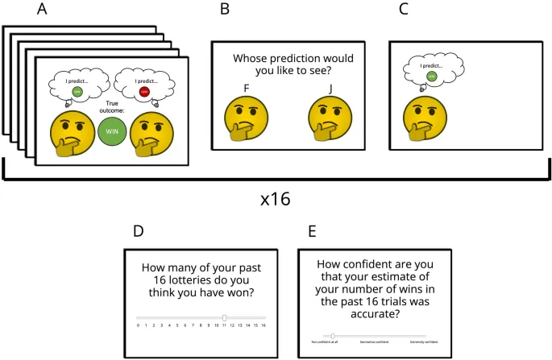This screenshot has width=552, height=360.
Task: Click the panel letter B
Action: coord(226,10)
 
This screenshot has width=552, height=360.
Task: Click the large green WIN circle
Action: coord(111,130)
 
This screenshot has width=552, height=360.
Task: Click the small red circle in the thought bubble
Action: coord(143,91)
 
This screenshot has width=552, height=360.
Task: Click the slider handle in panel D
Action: coord(224,317)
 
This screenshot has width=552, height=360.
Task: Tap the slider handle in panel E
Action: coord(333,336)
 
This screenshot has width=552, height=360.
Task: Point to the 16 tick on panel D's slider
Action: coord(264,325)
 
